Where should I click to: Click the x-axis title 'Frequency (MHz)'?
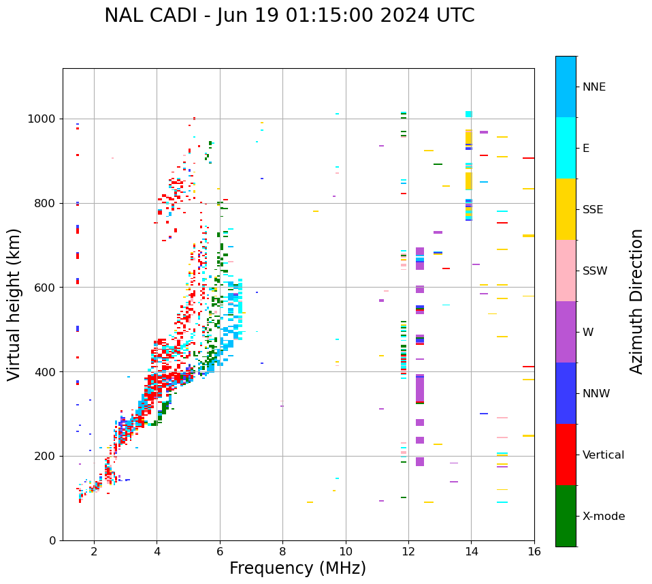pos(297,568)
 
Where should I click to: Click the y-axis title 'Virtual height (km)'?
pos(14,304)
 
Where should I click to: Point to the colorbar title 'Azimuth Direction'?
pos(636,301)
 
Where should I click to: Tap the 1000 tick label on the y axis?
pos(42,119)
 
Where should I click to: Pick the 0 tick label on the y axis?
pos(52,540)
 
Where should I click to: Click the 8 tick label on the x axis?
pos(282,551)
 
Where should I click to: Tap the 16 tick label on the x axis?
pos(534,551)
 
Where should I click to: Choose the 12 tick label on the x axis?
pos(408,551)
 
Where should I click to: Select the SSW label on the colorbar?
pos(595,271)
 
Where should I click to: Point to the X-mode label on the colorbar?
pos(603,517)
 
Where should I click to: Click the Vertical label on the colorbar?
pos(603,455)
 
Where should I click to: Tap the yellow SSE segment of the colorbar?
pos(566,209)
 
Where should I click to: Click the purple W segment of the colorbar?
pos(566,332)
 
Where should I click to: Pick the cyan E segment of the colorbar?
pos(566,148)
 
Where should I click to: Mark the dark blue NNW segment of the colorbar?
pos(566,393)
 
